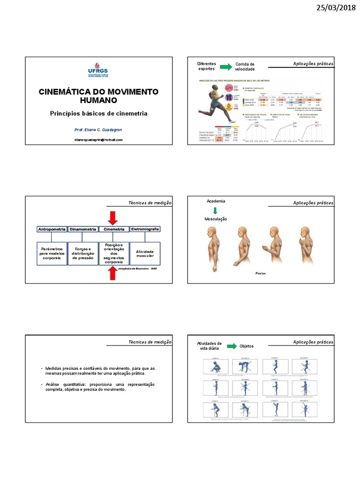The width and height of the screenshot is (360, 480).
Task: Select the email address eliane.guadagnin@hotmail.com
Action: [x=98, y=140]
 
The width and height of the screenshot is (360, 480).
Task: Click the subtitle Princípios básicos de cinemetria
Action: [x=98, y=113]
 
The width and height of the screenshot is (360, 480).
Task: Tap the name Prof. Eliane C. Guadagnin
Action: [x=98, y=129]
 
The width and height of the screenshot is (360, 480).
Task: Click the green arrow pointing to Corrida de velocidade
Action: [x=226, y=67]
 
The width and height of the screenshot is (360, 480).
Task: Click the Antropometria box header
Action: [x=52, y=229]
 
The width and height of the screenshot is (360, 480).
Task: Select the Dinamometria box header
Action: [x=83, y=229]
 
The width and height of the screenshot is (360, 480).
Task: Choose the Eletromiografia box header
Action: [x=145, y=229]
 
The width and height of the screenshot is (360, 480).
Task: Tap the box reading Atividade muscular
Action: [x=145, y=254]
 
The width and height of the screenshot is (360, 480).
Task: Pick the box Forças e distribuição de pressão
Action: [x=83, y=254]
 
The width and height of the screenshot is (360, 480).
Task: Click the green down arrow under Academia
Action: [x=215, y=210]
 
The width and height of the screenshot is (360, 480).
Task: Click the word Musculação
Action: [x=215, y=219]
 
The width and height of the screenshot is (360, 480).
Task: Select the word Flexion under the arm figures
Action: [x=261, y=273]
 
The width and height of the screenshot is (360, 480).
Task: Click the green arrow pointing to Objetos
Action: [x=231, y=346]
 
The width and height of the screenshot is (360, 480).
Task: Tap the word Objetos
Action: [x=247, y=346]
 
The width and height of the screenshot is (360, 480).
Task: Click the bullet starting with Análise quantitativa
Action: [x=98, y=387]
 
